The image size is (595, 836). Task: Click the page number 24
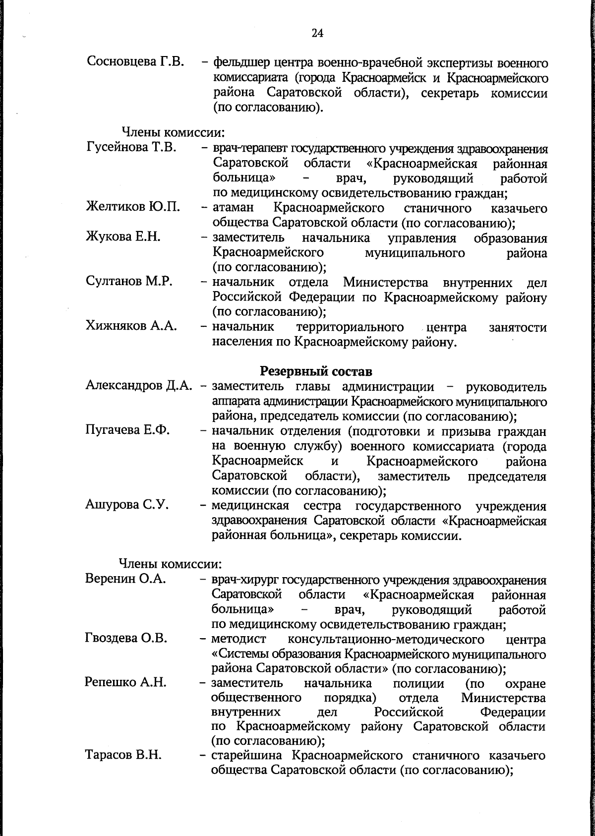[x=317, y=33]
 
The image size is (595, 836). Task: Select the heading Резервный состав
[x=316, y=371]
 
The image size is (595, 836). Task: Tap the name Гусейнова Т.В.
[x=132, y=147]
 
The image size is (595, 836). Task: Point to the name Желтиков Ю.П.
[x=133, y=207]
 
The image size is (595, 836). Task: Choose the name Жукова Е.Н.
[x=123, y=237]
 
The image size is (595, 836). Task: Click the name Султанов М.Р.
[x=129, y=282]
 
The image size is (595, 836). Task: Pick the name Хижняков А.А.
[x=131, y=326]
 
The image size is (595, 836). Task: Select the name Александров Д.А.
[x=138, y=386]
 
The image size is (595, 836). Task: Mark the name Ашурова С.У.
[x=127, y=505]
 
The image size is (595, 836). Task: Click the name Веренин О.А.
[x=125, y=579]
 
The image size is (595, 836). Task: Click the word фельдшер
[x=241, y=63]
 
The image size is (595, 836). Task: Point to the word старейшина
[x=247, y=756]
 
